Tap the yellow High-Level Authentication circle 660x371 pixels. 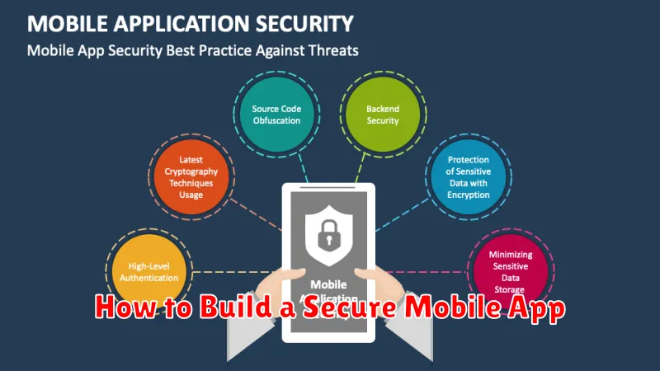(148, 272)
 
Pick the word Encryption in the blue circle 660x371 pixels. (469, 195)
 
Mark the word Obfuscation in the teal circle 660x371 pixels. (277, 121)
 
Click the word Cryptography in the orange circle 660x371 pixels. (191, 171)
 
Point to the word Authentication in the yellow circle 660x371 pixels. (148, 278)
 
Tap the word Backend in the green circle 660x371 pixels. (382, 109)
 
